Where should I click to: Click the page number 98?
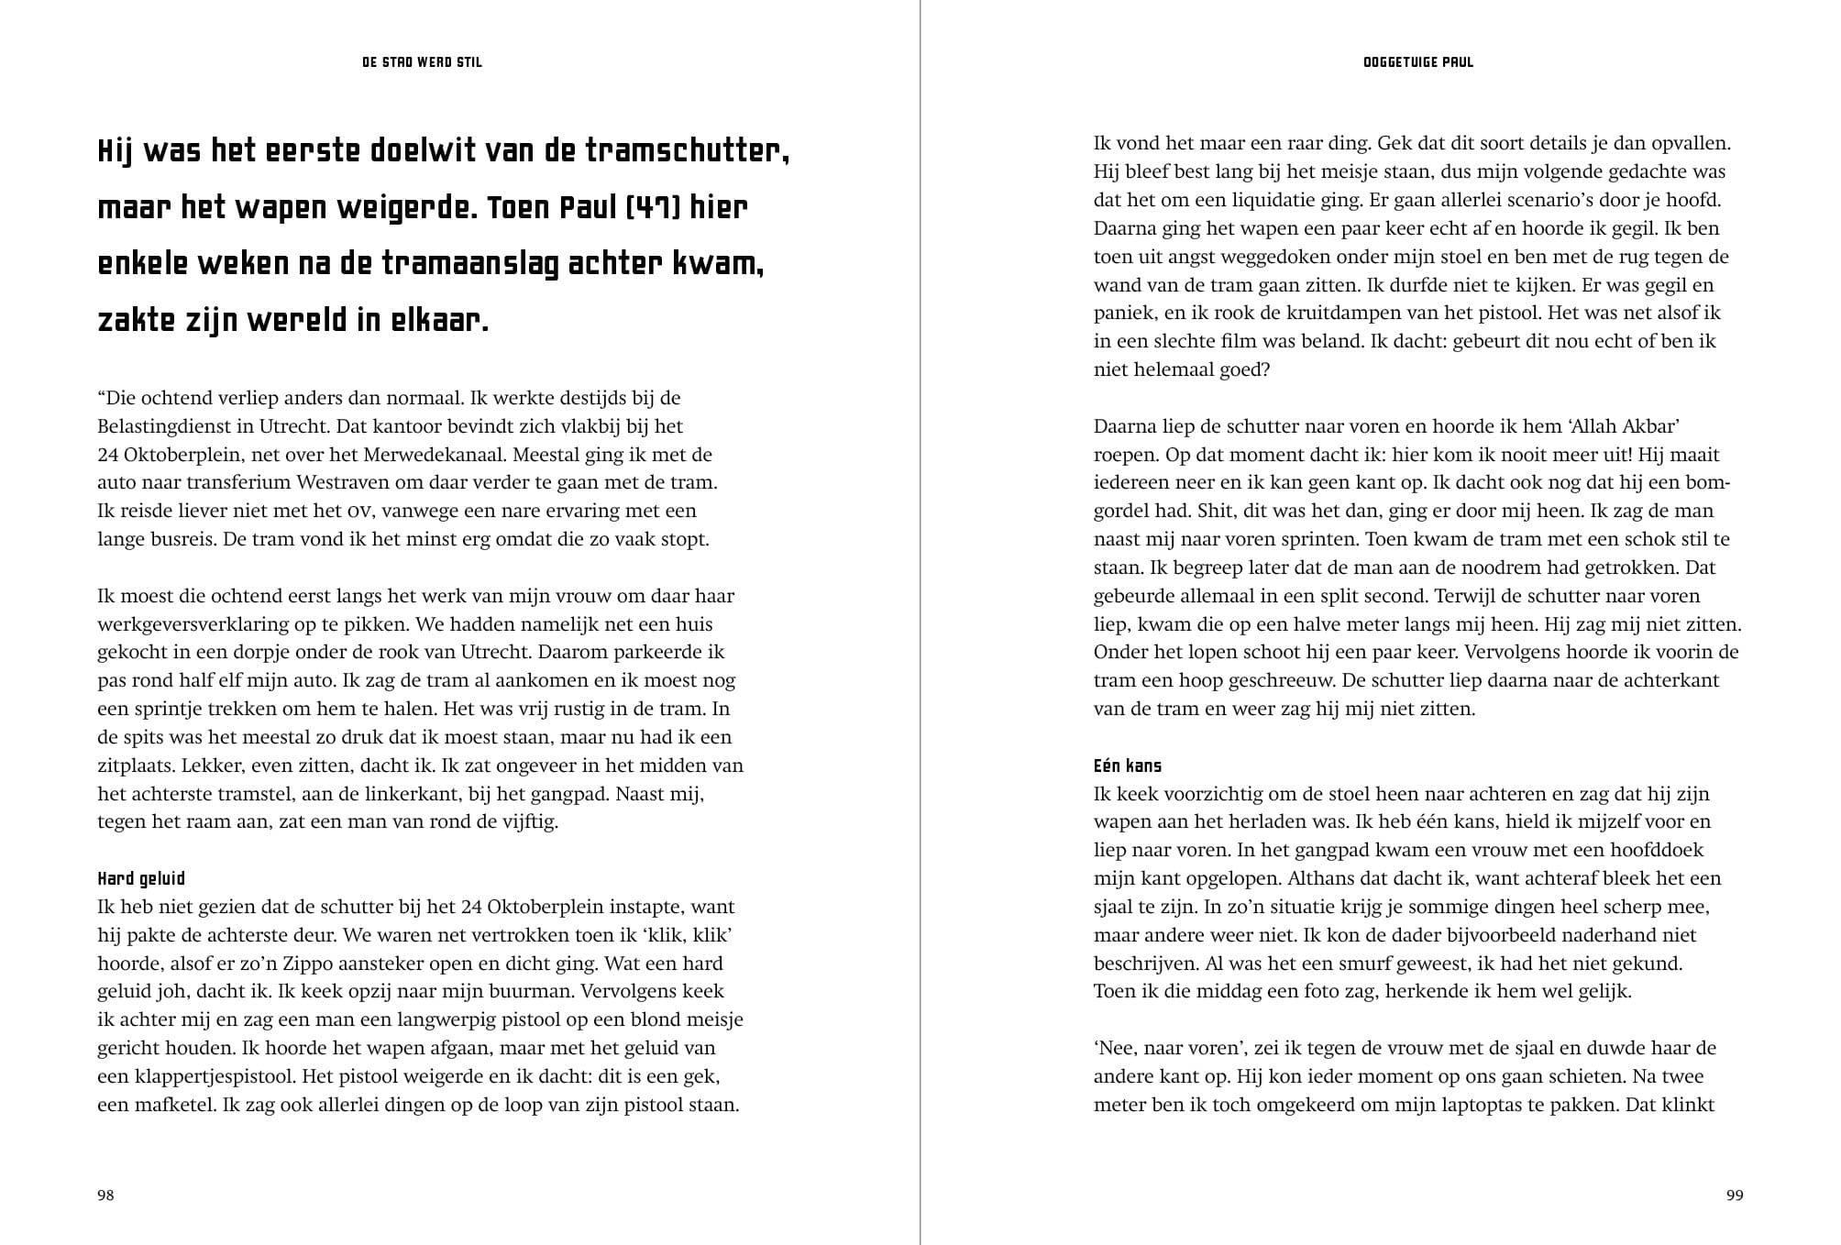click(105, 1195)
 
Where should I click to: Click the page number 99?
click(1734, 1195)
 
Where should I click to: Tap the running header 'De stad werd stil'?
click(422, 62)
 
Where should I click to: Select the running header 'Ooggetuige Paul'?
click(1418, 62)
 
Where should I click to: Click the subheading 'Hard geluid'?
click(141, 878)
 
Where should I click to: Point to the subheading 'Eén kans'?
click(1128, 766)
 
